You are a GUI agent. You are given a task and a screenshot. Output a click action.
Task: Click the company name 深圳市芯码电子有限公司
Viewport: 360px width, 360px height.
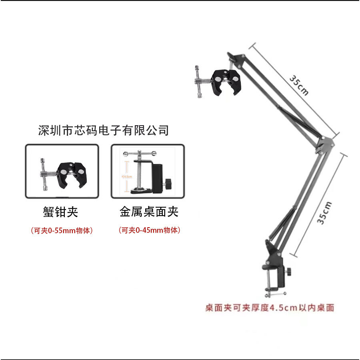click(103, 130)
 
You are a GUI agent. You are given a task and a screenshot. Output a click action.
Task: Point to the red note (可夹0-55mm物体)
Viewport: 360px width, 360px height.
click(62, 231)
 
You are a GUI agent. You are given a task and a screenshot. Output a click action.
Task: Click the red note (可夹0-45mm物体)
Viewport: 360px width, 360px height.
click(149, 230)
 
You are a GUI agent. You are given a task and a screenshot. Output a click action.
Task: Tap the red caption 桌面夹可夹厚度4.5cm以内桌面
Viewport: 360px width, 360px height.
click(270, 308)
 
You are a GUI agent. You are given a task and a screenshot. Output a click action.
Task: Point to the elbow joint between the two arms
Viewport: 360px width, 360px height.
click(325, 143)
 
